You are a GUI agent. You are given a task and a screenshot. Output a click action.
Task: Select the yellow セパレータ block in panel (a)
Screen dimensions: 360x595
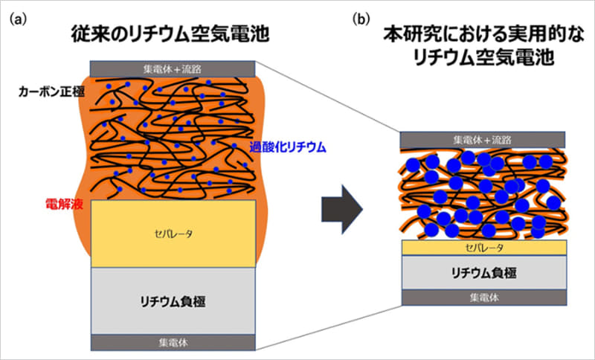173,234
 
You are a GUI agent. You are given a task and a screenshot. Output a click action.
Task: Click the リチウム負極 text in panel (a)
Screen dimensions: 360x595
173,301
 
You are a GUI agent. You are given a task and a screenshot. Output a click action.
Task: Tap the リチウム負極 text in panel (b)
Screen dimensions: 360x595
483,272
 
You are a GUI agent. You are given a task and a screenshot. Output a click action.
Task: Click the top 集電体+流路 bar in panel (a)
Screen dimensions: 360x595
173,68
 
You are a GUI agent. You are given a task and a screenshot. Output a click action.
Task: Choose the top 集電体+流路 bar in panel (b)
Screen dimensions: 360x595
483,139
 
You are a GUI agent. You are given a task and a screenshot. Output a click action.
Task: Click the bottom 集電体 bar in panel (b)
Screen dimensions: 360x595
483,298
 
